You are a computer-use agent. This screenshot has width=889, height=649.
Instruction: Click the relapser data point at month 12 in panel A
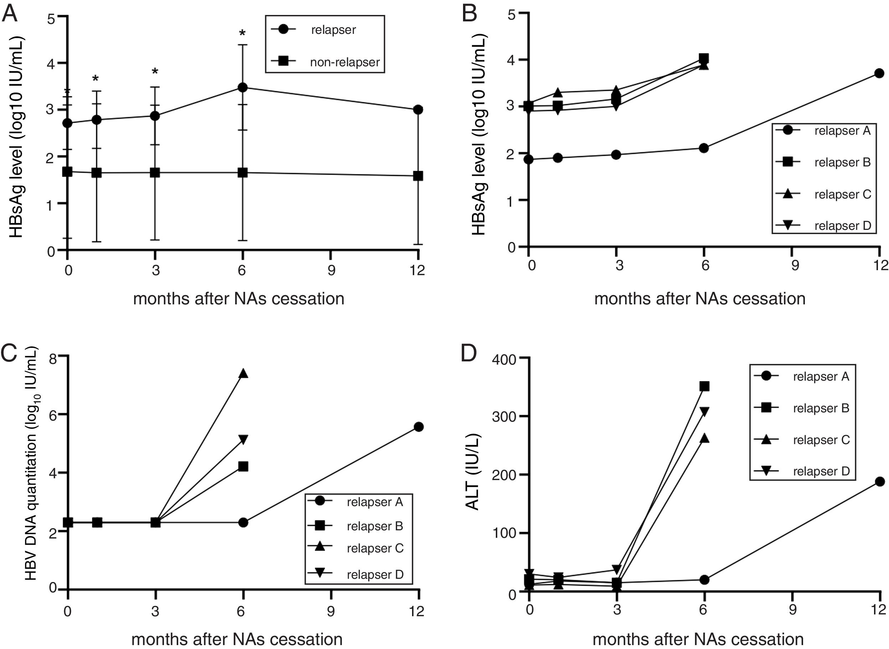pos(418,110)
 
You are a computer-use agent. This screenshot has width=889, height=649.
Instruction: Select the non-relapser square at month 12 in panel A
pos(418,176)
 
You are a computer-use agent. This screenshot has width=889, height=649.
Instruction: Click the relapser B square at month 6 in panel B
pos(704,59)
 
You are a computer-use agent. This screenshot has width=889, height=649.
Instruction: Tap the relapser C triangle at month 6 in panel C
pos(243,374)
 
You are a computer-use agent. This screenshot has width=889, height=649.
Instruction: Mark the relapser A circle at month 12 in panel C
pos(419,427)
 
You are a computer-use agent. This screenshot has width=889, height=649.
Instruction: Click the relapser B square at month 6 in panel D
pos(705,386)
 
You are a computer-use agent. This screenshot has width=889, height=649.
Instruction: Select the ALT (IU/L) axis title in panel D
pos(473,472)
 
